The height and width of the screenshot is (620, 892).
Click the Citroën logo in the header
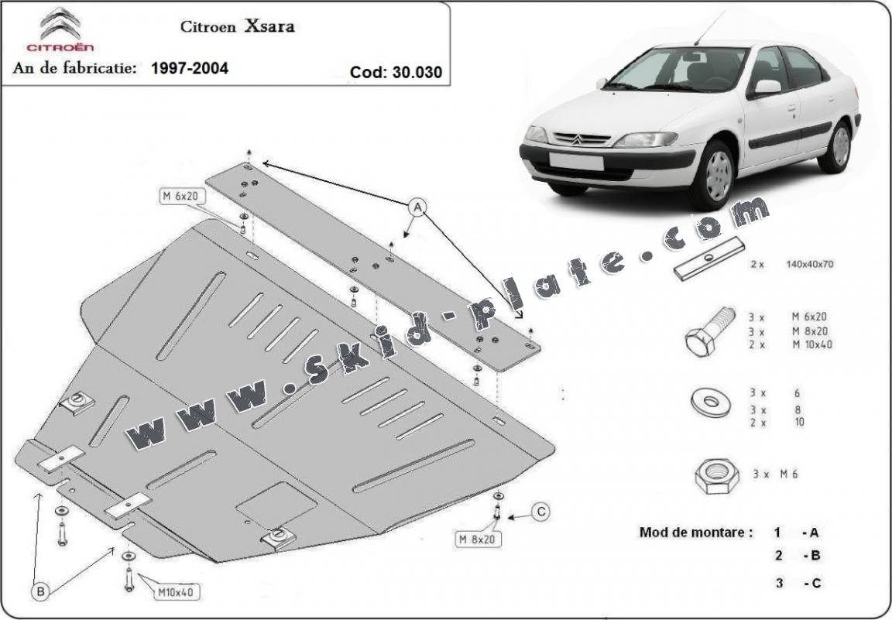point(60,30)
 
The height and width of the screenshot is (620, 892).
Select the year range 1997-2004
point(190,68)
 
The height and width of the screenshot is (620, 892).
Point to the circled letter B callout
point(40,592)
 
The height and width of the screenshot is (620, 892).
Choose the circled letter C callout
point(541,511)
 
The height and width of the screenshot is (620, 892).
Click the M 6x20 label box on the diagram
point(180,197)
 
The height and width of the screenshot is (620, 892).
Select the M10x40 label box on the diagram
point(177,592)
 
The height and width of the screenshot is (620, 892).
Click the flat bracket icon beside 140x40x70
point(708,260)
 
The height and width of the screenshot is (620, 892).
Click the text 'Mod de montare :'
point(695,533)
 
